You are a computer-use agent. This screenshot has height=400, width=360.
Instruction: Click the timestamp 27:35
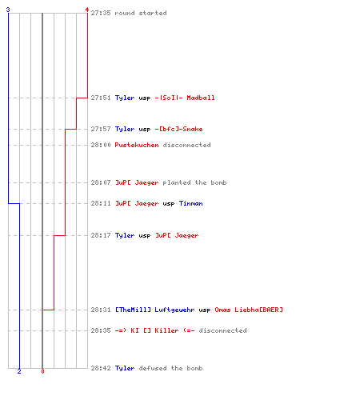click(101, 13)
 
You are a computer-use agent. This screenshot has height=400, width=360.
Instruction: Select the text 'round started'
click(141, 13)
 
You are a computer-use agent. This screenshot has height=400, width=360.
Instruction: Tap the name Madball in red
click(201, 98)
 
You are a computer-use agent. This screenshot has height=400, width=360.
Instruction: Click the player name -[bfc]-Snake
click(178, 129)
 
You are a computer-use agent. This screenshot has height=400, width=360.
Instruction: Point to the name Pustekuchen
click(137, 145)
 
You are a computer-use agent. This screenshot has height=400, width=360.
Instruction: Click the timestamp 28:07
click(101, 182)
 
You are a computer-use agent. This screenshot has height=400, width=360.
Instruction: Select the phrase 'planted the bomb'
click(194, 182)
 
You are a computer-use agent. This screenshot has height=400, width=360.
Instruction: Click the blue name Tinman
click(190, 203)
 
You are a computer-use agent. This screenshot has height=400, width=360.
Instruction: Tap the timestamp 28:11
click(101, 203)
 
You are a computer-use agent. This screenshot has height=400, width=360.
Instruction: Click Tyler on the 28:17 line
click(125, 235)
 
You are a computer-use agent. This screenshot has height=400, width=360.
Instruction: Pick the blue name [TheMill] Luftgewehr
click(154, 310)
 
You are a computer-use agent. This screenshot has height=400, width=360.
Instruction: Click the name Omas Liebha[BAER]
click(249, 310)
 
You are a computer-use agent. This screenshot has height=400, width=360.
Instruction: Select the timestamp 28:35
click(101, 330)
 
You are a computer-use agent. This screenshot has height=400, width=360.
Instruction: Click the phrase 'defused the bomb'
click(170, 368)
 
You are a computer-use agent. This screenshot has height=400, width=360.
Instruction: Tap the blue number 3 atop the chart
click(8, 10)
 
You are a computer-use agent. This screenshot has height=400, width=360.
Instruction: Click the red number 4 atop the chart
click(87, 10)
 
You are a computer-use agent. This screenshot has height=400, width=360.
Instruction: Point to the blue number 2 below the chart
click(19, 371)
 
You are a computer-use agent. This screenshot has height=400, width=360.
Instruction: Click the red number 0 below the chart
click(42, 371)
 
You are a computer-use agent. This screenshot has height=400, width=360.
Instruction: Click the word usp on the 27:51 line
click(145, 98)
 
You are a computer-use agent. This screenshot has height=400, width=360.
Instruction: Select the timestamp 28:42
click(101, 368)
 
